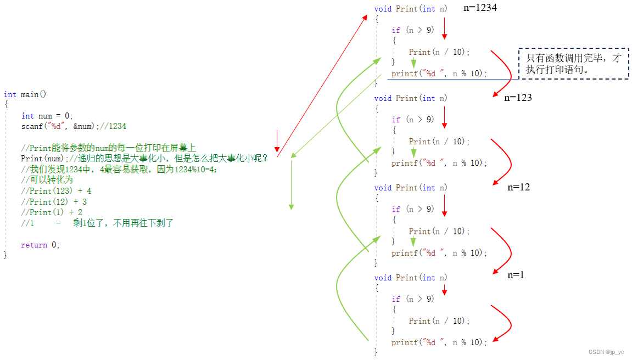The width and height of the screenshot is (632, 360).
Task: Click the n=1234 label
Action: point(480,8)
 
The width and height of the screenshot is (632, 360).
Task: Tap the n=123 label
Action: point(518,98)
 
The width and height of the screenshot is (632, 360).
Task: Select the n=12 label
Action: point(518,187)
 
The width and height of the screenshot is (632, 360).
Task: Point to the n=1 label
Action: point(516,275)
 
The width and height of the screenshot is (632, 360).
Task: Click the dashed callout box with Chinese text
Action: point(573,64)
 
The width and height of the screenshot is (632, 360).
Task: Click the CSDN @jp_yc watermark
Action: point(606,352)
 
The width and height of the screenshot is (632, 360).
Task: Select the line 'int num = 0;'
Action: point(47,116)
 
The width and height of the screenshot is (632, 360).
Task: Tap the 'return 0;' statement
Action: point(40,245)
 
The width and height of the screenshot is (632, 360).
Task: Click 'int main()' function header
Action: point(25,94)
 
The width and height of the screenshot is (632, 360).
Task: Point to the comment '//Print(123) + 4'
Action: point(56,191)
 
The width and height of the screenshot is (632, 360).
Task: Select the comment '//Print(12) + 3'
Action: point(54,202)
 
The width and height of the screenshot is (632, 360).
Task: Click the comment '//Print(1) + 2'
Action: point(52,212)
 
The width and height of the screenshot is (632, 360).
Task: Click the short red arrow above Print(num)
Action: point(277,141)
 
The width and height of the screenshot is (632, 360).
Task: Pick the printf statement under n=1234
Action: point(439,74)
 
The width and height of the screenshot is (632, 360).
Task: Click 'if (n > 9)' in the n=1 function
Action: point(413,299)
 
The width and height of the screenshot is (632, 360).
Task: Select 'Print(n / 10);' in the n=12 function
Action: point(439,232)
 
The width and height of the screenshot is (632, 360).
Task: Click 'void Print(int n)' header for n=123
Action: point(411,98)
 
